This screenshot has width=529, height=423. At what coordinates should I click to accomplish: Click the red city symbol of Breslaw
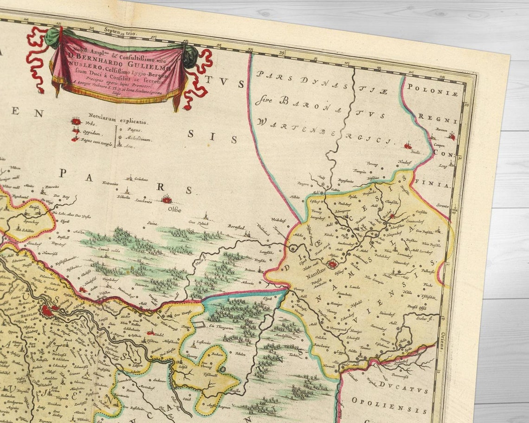click(x=48, y=310)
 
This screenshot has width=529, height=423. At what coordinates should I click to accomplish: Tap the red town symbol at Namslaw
click(x=332, y=265)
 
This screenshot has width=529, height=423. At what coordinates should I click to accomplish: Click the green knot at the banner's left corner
click(x=52, y=37)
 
